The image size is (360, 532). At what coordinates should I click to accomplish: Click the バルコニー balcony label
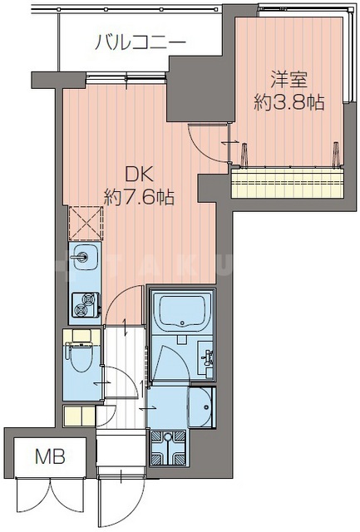(141, 43)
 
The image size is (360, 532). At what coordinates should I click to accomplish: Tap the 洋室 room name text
(289, 81)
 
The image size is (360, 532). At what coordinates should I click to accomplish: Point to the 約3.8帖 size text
(289, 102)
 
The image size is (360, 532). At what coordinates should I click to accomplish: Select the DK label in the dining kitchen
(140, 175)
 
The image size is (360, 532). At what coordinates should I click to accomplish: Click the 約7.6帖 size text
(139, 197)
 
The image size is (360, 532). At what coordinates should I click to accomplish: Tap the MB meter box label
(50, 456)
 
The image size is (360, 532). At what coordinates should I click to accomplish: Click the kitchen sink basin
(85, 257)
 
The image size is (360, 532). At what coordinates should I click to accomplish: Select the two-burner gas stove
(86, 304)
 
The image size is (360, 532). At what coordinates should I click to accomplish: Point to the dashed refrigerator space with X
(86, 223)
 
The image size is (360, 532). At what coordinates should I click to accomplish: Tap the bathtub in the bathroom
(183, 313)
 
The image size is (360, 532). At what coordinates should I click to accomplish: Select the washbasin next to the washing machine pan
(201, 407)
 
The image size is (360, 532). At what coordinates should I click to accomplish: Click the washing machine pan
(168, 448)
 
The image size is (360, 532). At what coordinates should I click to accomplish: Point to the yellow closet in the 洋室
(287, 183)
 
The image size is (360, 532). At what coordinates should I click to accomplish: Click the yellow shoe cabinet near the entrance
(79, 416)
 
